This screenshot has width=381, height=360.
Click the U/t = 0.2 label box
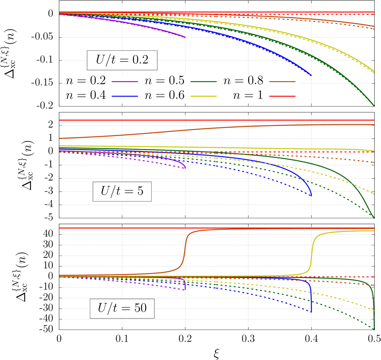click(122, 60)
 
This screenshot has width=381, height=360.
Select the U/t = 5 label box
click(122, 191)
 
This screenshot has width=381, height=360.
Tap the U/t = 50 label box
click(122, 308)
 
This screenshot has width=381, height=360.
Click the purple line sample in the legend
click(125, 81)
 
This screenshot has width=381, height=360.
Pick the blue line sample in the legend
click(125, 96)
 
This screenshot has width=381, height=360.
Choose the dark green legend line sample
click(204, 81)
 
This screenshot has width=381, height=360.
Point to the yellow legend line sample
click(204, 96)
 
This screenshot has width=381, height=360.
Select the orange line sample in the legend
click(282, 81)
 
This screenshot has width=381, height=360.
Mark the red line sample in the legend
click(282, 96)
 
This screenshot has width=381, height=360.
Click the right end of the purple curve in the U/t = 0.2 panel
click(185, 37)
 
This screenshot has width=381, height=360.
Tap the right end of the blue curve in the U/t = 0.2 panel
click(311, 75)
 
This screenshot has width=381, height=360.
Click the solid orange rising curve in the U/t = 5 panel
click(187, 130)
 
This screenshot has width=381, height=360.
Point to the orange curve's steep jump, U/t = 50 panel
click(184, 252)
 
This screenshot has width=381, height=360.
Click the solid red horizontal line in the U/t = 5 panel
click(217, 120)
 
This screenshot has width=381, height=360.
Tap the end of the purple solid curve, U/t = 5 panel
click(185, 167)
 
